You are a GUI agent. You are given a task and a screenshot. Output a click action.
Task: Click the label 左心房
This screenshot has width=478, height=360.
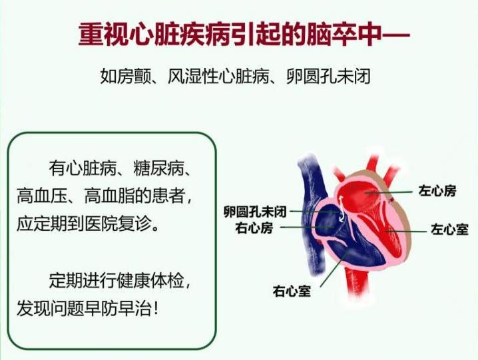tap(437, 191)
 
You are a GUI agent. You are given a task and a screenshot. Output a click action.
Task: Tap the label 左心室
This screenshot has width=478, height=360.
tap(449, 229)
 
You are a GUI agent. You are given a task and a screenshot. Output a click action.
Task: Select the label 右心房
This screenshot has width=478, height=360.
tap(254, 228)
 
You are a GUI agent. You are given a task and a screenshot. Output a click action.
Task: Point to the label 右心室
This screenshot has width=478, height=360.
tap(292, 291)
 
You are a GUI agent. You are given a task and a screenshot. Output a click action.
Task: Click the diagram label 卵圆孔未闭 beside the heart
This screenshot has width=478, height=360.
tap(255, 212)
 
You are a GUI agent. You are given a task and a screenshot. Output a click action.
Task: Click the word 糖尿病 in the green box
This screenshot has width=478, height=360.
tap(159, 168)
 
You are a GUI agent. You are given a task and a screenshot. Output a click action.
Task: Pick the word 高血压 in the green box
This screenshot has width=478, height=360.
tap(42, 196)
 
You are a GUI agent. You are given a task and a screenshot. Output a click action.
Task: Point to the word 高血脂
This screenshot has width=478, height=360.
tap(109, 196)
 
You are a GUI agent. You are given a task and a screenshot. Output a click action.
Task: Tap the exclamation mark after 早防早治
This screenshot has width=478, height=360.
tap(156, 309)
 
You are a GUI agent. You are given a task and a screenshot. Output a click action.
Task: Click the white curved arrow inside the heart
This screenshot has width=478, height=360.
tap(342, 209)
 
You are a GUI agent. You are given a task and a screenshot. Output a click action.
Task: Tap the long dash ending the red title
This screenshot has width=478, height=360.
tap(395, 34)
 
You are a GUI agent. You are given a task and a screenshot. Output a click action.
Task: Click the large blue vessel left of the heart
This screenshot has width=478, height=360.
tap(312, 214)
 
